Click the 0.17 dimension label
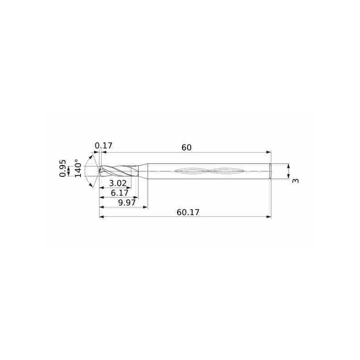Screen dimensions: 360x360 click(103, 146)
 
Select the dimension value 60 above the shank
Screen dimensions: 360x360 click(186, 148)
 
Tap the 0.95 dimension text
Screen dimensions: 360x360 click(63, 168)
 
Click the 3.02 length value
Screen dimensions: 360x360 click(118, 183)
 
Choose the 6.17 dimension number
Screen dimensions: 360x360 click(119, 193)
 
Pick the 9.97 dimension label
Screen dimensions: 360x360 click(127, 203)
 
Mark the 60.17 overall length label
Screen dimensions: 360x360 click(188, 212)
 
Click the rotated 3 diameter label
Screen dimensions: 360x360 click(296, 180)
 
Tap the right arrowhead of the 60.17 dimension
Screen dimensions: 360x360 click(268, 217)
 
